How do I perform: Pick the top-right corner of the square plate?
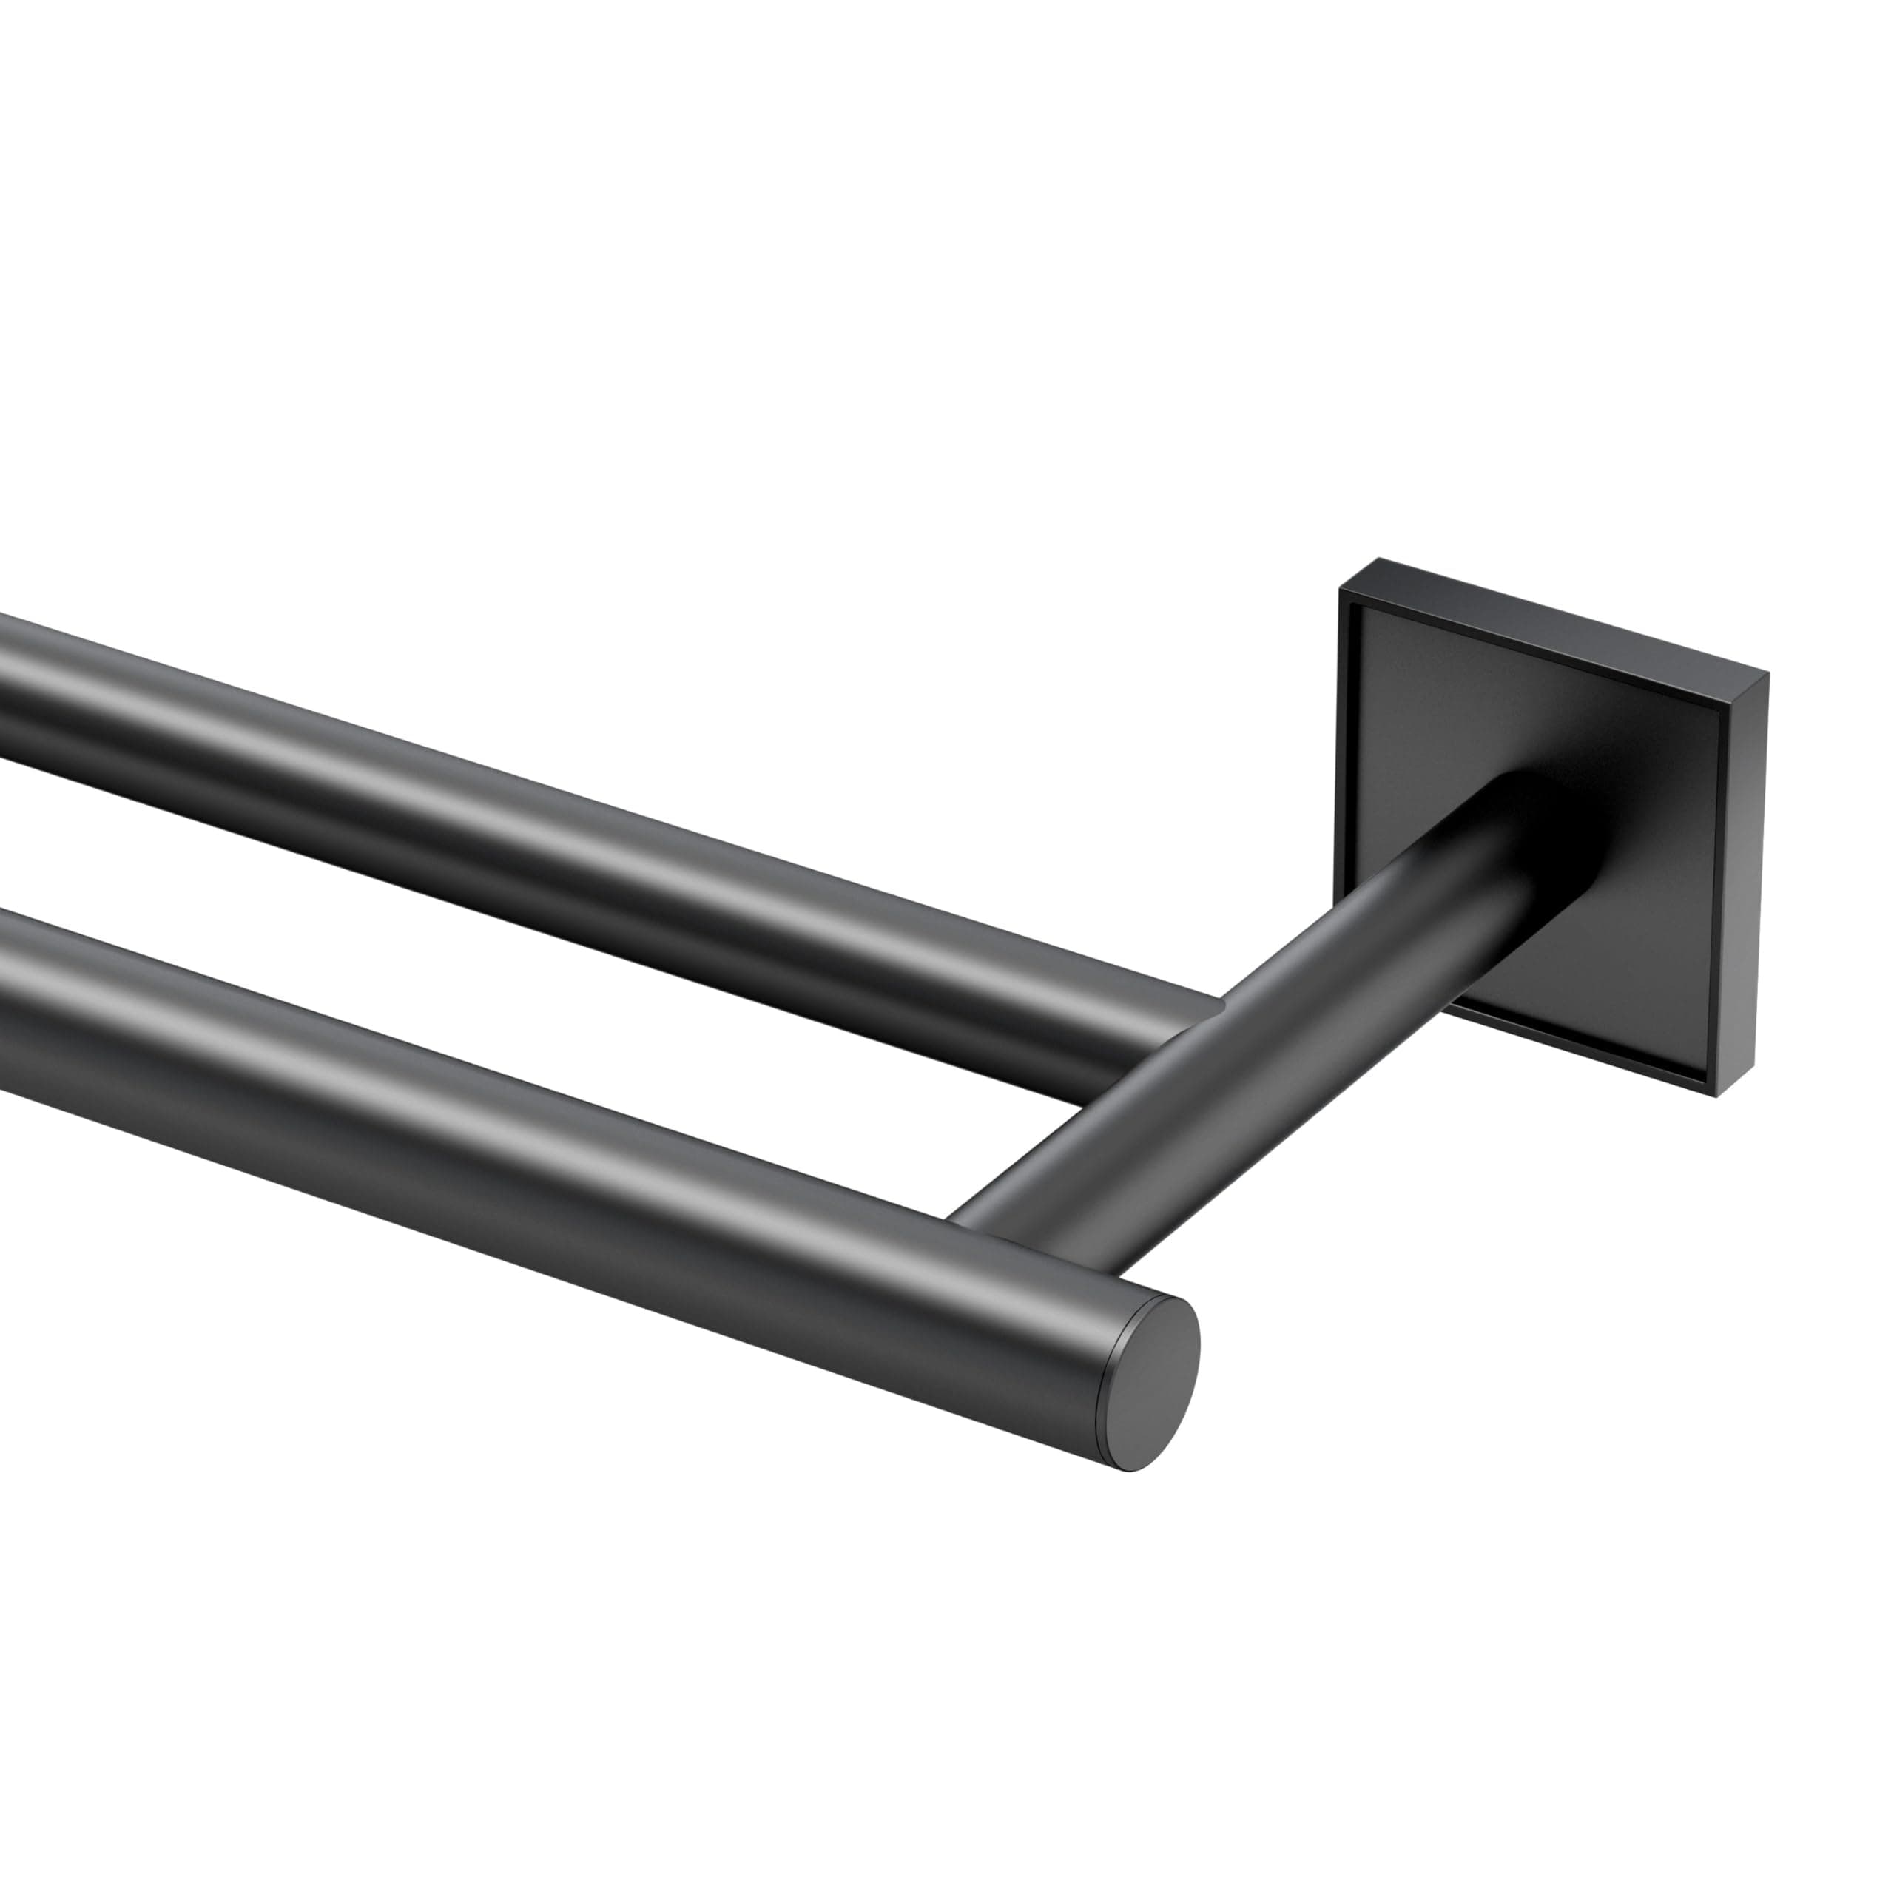[1767, 675]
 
